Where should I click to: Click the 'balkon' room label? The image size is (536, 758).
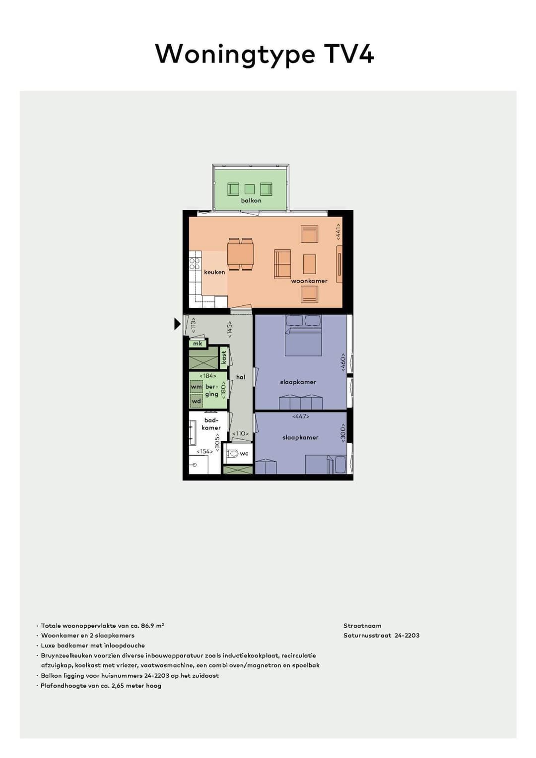point(251,200)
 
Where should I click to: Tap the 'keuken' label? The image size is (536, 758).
point(214,272)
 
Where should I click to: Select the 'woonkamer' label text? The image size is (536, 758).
point(309,281)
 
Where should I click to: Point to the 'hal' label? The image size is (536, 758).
point(241,377)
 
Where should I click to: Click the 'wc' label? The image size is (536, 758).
point(244,453)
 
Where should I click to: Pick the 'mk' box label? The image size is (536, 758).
point(198,343)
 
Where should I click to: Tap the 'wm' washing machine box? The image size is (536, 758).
point(196,387)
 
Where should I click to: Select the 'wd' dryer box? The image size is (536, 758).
point(196,401)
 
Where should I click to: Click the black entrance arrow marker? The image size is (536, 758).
point(177,324)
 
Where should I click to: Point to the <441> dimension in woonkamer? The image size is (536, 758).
point(338,232)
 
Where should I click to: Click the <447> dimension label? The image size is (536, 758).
point(301,416)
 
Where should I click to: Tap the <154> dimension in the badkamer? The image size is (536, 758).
point(204,451)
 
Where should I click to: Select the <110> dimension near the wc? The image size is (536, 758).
point(241,433)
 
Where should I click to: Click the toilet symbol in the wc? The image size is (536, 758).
point(232,453)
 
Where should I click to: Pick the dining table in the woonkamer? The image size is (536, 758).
point(241,254)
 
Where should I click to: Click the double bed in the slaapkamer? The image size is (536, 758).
point(303,336)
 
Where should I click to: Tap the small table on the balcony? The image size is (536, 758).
point(250,189)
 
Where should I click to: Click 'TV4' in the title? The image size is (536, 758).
point(349,54)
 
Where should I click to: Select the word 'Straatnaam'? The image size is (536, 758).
point(362,626)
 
